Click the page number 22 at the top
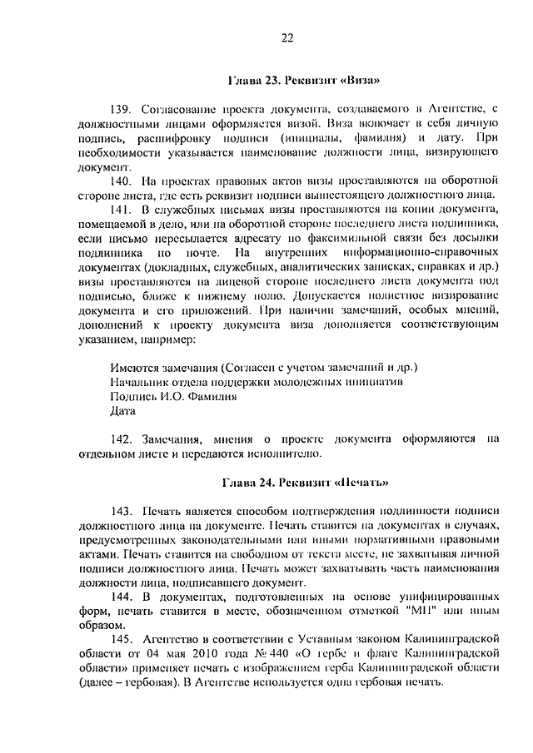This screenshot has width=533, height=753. click(x=287, y=37)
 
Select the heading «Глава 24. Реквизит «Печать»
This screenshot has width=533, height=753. click(x=306, y=483)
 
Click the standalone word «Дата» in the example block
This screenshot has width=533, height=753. click(x=122, y=410)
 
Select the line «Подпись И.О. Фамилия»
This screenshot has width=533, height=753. click(x=169, y=396)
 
